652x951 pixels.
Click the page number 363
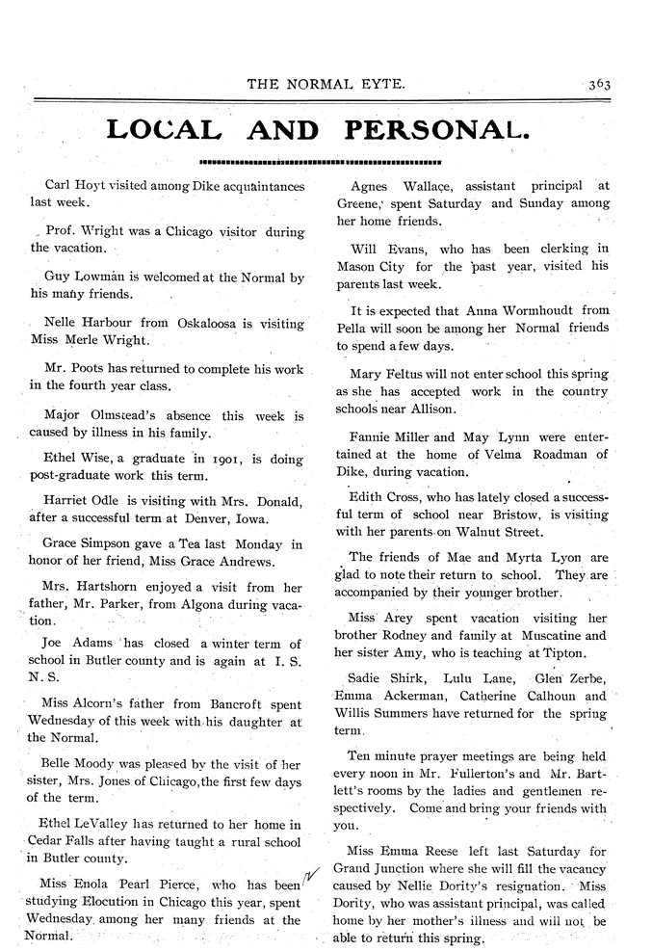(x=602, y=84)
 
